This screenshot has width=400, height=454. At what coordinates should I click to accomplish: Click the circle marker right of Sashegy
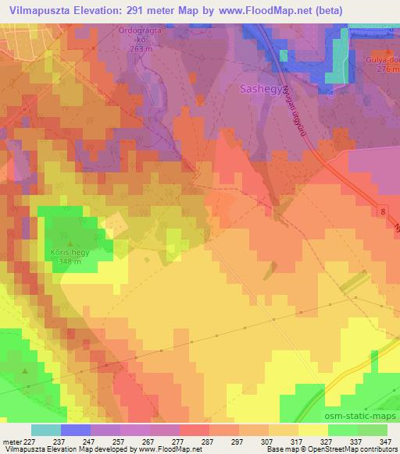(x=330, y=96)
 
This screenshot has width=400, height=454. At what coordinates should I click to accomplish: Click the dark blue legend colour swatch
(x=75, y=430)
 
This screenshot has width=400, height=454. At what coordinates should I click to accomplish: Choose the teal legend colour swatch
(x=45, y=430)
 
